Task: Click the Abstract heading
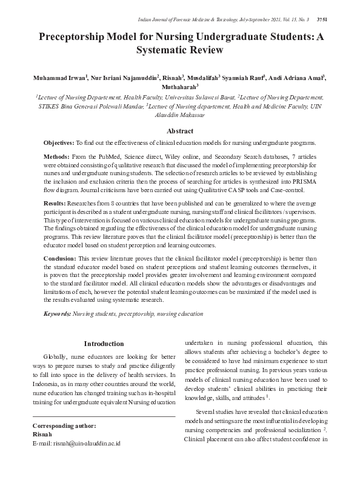pyautogui.click(x=180, y=131)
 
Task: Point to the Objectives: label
pyautogui.click(x=58, y=143)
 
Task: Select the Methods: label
pyautogui.click(x=56, y=156)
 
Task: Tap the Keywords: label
pyautogui.click(x=57, y=314)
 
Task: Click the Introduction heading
pyautogui.click(x=104, y=344)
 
